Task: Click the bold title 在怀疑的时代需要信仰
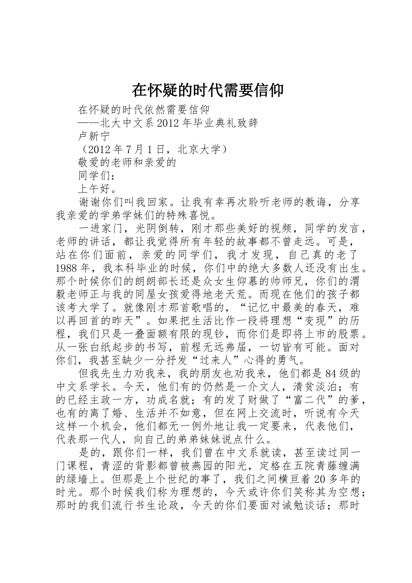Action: click(x=208, y=90)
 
